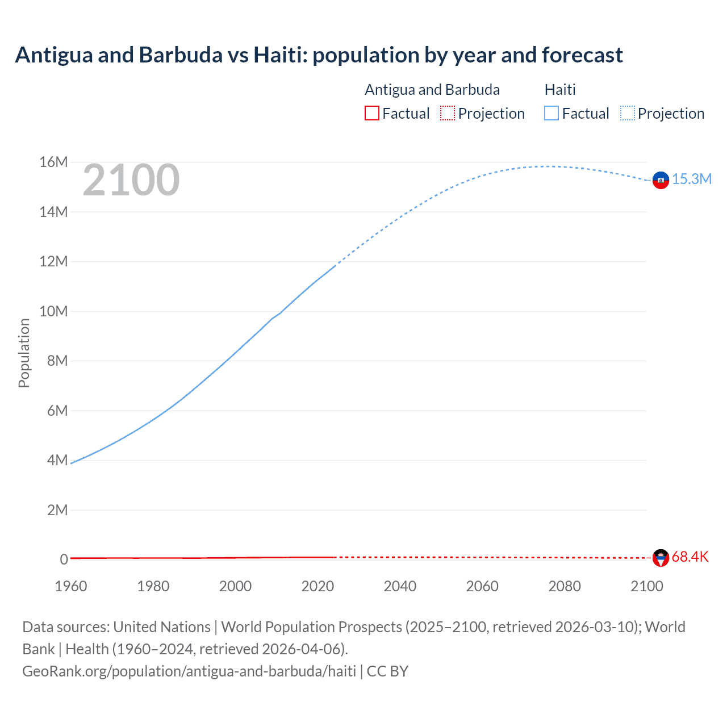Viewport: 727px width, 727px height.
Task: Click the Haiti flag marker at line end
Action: (661, 180)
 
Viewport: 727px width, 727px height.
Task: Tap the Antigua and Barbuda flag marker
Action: (661, 558)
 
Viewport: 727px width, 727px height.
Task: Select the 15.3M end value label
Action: (692, 179)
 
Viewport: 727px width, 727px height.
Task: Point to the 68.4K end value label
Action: (690, 557)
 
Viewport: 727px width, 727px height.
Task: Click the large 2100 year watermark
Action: (131, 181)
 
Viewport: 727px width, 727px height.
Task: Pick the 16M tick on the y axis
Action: (53, 162)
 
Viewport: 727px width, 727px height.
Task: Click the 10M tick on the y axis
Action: (53, 311)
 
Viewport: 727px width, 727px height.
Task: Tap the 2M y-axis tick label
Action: (57, 510)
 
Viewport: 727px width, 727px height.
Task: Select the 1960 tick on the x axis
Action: (71, 586)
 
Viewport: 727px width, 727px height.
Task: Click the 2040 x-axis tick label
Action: (400, 586)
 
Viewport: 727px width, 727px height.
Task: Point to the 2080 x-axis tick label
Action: (565, 586)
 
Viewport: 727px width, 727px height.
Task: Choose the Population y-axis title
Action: (24, 353)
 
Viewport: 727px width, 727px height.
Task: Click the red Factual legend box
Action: (372, 114)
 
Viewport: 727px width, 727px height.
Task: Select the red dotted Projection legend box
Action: (448, 114)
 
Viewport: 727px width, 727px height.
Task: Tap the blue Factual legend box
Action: (551, 114)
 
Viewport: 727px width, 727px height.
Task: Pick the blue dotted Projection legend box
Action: (628, 114)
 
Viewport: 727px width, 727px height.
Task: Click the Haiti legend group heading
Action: (560, 90)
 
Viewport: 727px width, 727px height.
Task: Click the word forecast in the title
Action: (582, 55)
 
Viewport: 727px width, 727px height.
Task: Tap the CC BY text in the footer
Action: (387, 671)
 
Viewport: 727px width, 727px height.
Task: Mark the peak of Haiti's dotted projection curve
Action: (546, 166)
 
